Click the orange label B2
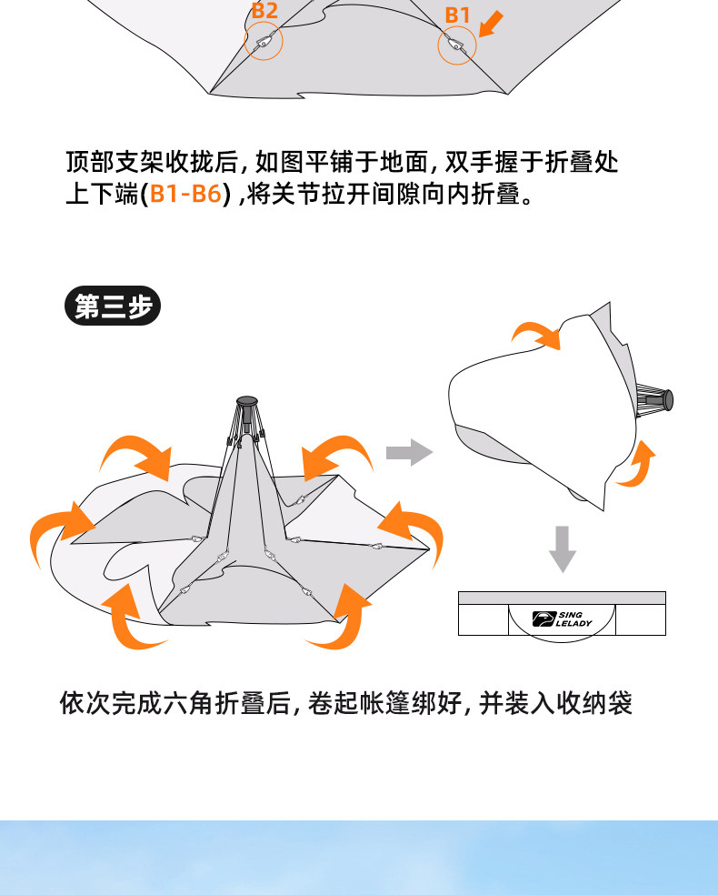[264, 12]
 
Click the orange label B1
[457, 15]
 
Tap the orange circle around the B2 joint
[264, 41]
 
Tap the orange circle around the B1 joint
[457, 45]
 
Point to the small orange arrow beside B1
[489, 25]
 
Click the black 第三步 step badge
[113, 307]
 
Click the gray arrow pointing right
[408, 452]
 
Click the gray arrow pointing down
[563, 548]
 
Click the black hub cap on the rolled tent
[670, 397]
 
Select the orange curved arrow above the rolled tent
[536, 334]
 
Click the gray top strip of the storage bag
[562, 598]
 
